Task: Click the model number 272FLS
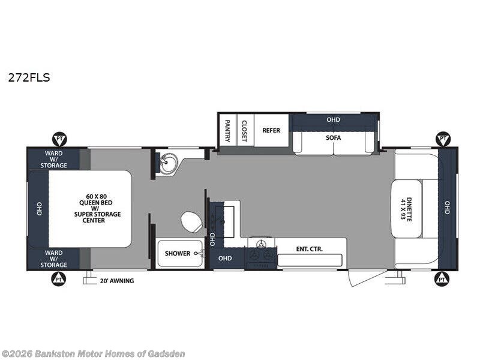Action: point(29,78)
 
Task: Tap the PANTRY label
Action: point(227,131)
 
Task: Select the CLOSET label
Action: point(244,131)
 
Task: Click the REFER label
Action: point(271,130)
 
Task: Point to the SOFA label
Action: point(334,138)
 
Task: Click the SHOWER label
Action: point(178,253)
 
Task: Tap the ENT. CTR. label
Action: point(310,249)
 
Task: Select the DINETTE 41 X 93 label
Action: point(406,209)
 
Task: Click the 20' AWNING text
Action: point(117,281)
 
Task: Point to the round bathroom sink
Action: point(169,163)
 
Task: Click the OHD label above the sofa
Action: point(334,119)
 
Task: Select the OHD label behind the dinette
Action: point(447,208)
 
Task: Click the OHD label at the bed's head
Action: point(39,209)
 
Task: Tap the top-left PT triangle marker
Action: point(59,139)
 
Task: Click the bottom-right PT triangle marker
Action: point(442,279)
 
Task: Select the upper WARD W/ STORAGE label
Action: point(54,159)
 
